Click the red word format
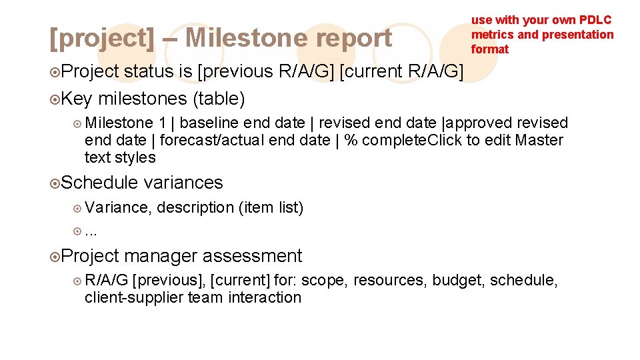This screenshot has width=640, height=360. (x=490, y=49)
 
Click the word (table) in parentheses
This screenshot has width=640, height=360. (x=219, y=99)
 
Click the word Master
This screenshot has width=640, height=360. (x=539, y=140)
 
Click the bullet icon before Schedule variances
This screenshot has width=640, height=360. (x=55, y=183)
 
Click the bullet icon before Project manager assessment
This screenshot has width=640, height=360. (x=55, y=257)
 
